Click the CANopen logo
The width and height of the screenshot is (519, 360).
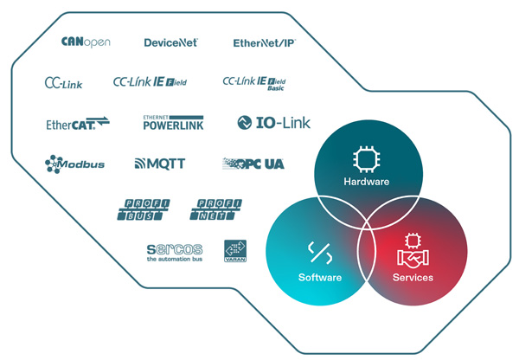86,42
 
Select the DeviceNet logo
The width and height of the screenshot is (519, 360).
170,42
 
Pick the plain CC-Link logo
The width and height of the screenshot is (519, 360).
62,83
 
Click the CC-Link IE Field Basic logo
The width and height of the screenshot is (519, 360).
254,83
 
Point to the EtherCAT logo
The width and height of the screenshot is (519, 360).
78,124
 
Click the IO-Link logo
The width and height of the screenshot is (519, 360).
273,123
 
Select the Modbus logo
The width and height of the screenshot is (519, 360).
74,163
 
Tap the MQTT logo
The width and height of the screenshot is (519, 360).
160,163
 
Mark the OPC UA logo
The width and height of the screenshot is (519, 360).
253,163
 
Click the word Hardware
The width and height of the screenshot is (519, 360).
367,183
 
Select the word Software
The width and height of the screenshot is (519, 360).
319,278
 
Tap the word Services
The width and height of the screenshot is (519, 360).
413,278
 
